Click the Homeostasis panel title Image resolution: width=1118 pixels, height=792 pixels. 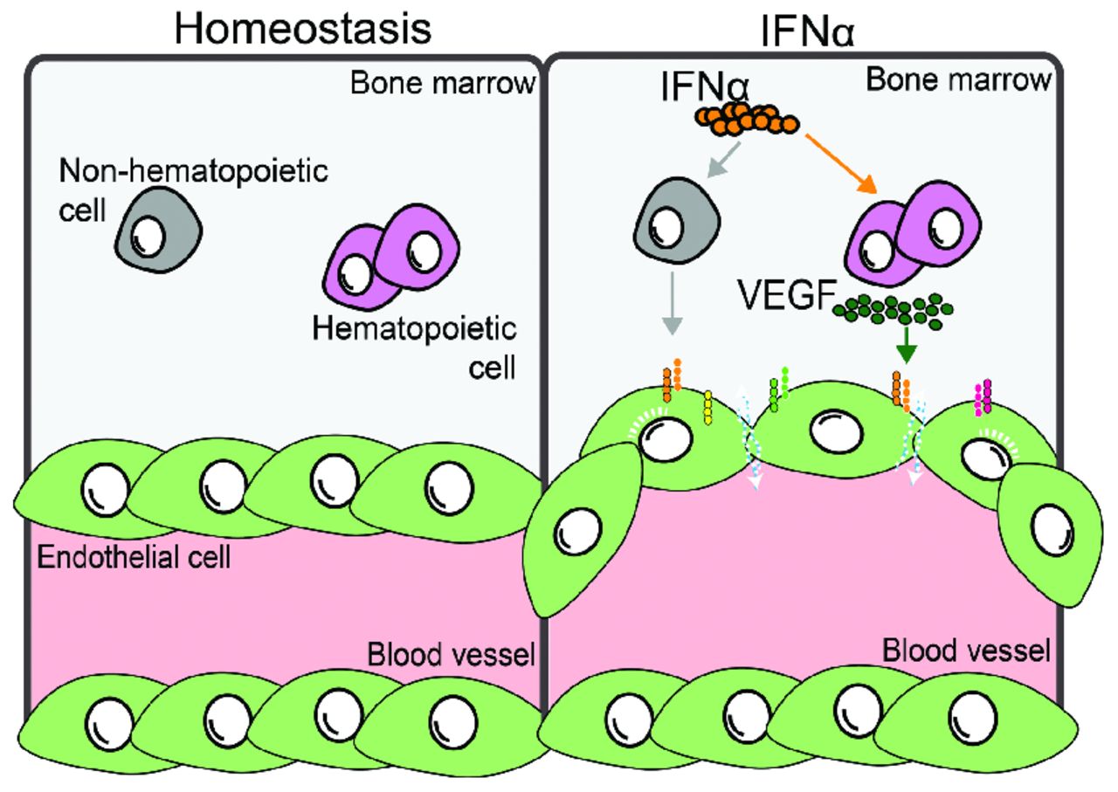[x=302, y=28]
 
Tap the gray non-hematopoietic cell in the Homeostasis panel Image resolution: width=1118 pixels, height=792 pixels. [x=158, y=229]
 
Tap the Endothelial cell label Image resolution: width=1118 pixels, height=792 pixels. [x=134, y=557]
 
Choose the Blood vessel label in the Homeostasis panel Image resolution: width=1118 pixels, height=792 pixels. [x=451, y=653]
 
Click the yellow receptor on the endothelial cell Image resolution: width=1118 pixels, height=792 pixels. [x=707, y=405]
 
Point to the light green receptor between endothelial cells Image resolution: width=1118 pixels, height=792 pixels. [x=779, y=384]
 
